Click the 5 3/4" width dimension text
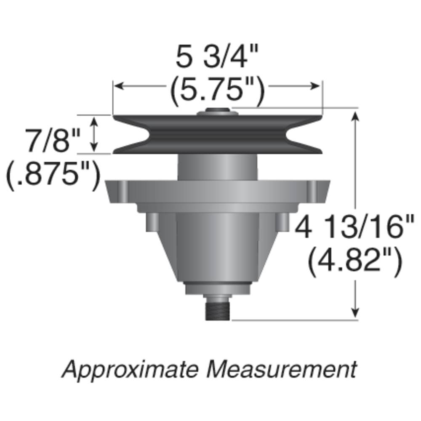coord(216,58)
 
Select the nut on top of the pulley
coord(217,112)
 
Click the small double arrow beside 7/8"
coord(95,134)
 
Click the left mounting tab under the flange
coord(152,221)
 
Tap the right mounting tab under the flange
coord(284,221)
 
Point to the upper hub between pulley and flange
coord(217,167)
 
